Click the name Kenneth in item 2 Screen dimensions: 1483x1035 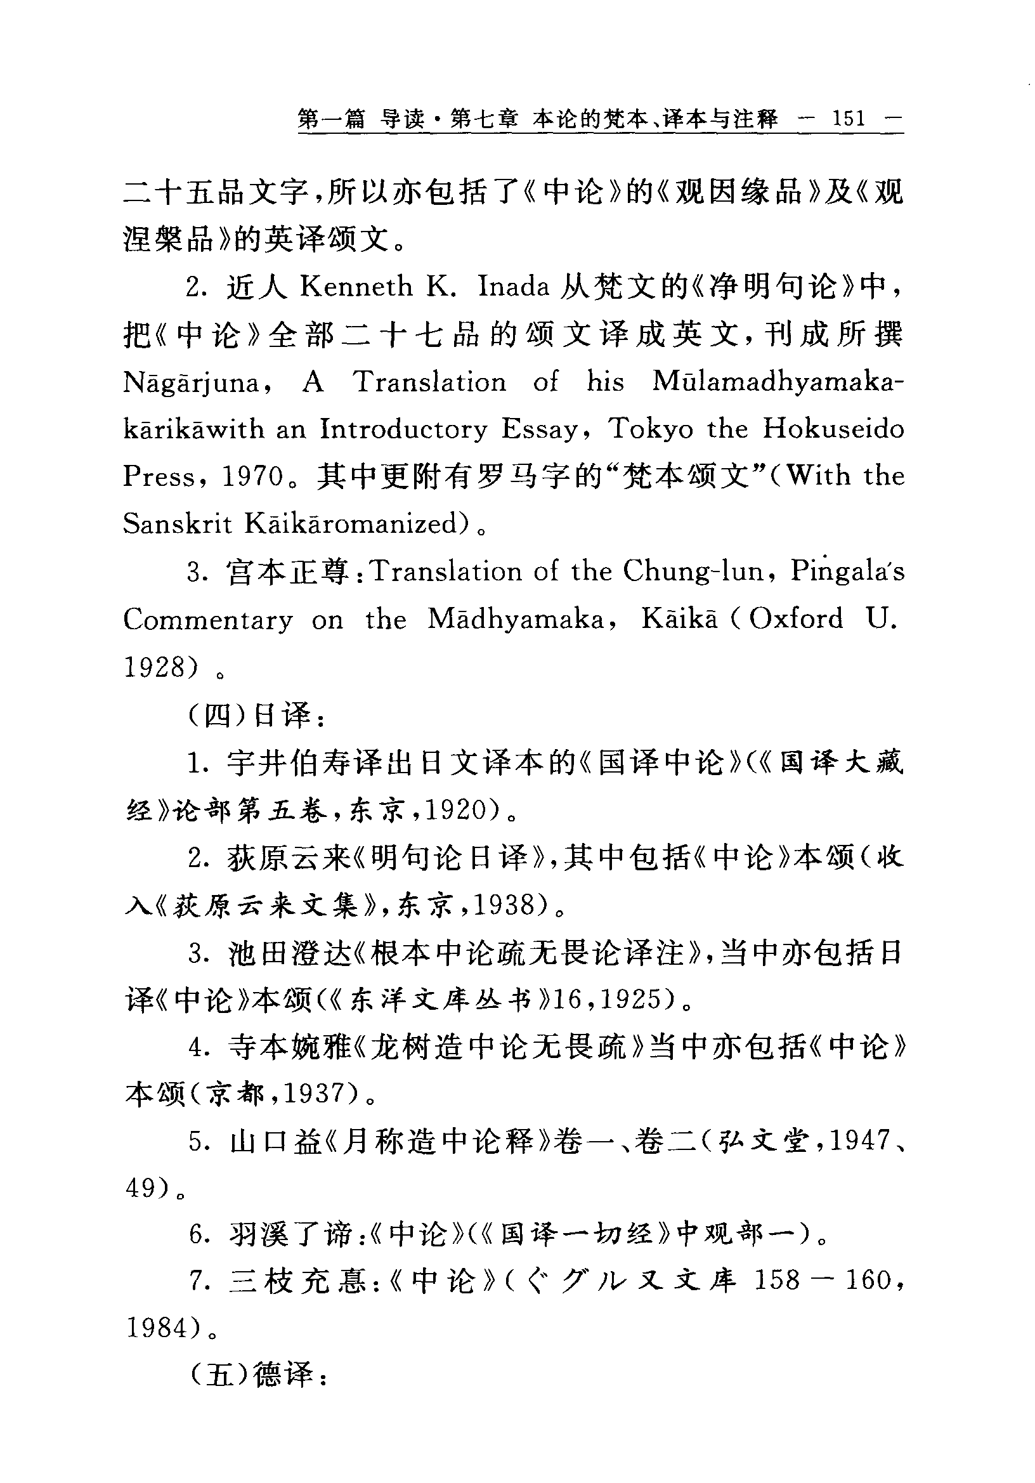click(356, 287)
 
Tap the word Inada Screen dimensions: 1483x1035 click(514, 287)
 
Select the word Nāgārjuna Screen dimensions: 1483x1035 click(192, 383)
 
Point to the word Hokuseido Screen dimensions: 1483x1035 click(833, 429)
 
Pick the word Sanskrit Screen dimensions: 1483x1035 click(177, 524)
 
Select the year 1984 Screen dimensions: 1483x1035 click(157, 1329)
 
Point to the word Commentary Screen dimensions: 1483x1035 click(208, 620)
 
